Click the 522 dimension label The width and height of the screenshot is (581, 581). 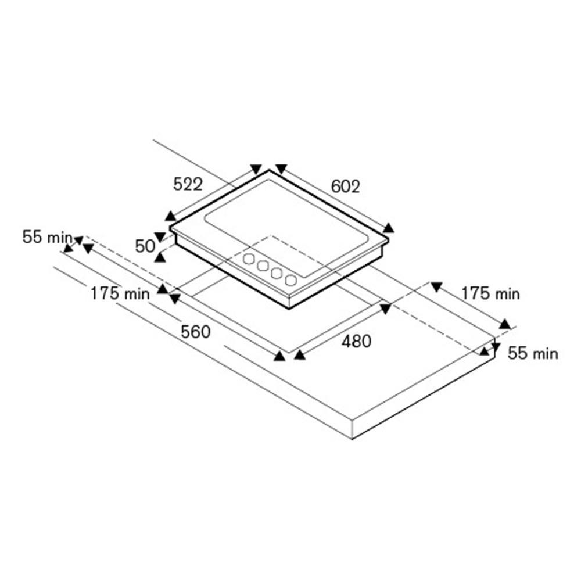click(188, 184)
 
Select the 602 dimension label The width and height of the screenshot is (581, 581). click(345, 187)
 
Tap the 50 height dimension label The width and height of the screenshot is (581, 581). click(145, 246)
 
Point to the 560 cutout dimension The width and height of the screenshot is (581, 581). click(196, 332)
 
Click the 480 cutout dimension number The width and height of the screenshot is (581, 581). click(357, 341)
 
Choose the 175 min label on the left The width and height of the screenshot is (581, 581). click(120, 294)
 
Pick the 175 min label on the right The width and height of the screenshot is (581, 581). click(490, 294)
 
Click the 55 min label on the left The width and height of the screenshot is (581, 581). click(48, 237)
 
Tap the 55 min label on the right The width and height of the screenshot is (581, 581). click(533, 353)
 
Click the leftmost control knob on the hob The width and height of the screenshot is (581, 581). click(249, 259)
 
